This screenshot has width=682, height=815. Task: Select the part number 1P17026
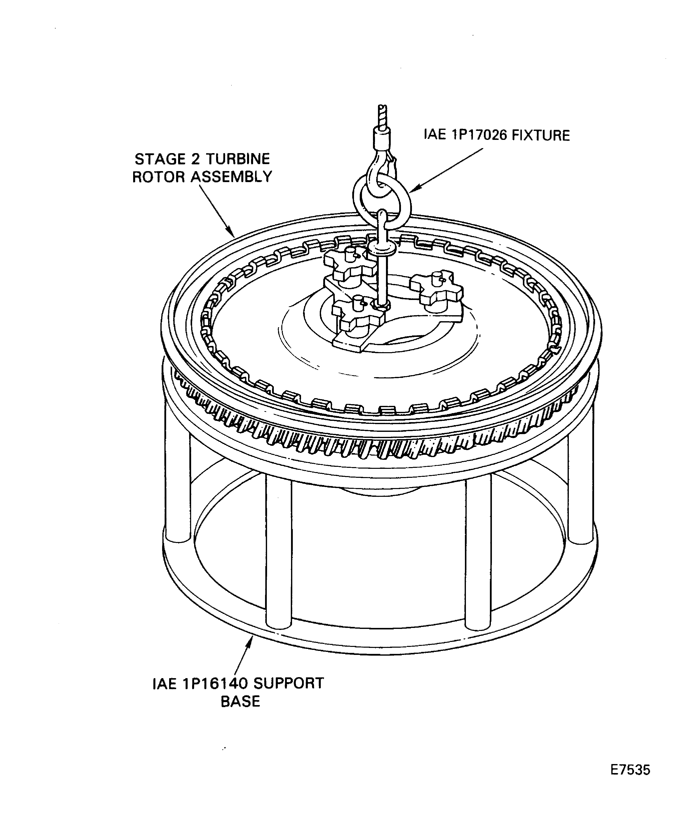tap(479, 135)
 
